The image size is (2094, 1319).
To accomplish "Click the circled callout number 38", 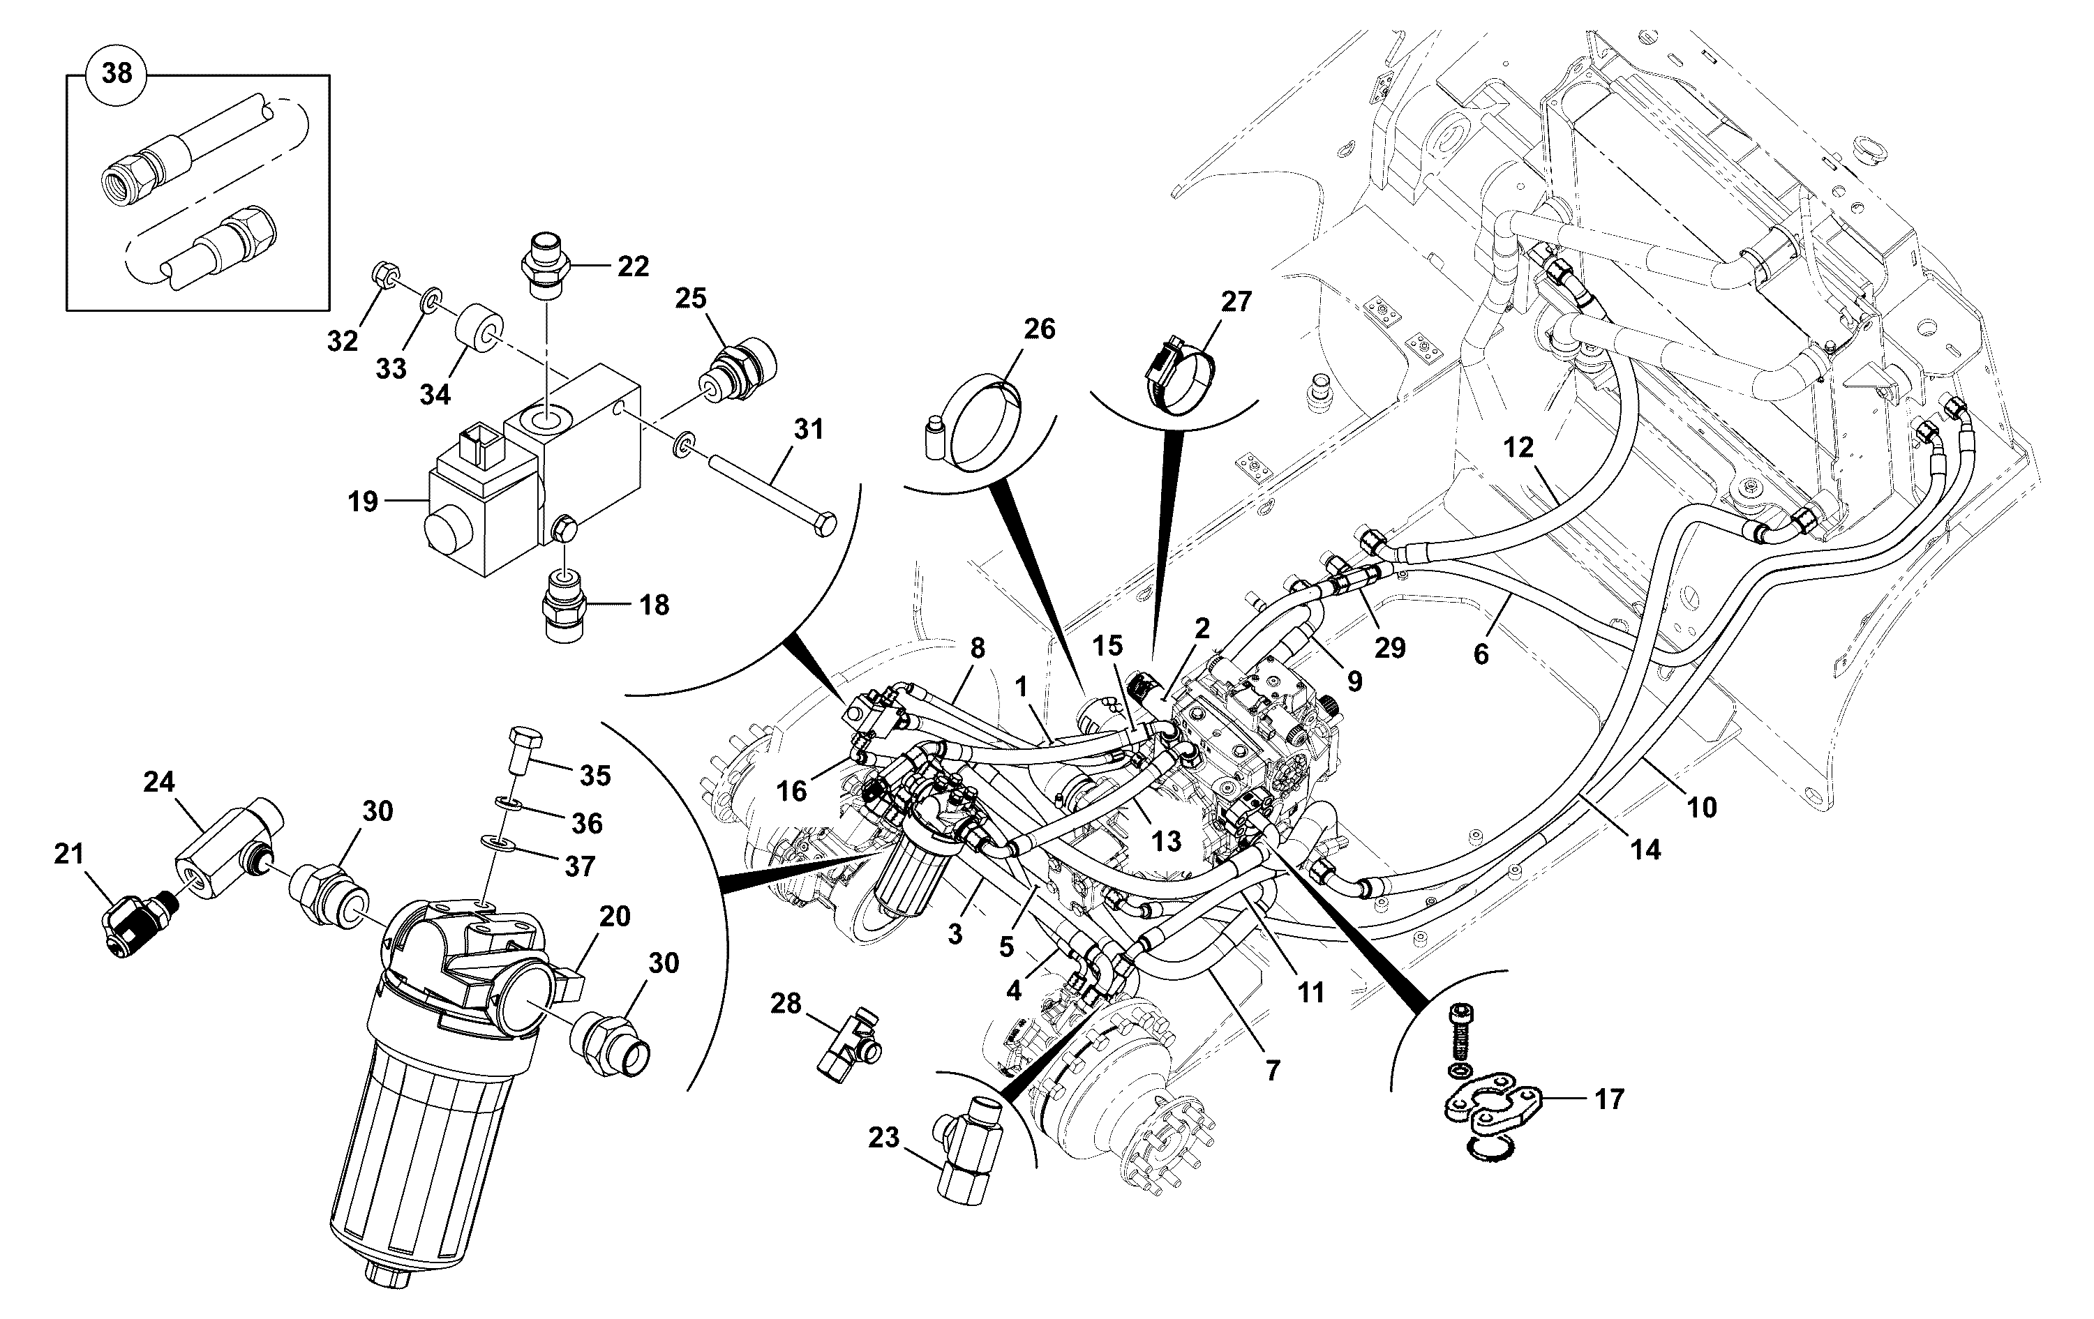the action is [x=117, y=73].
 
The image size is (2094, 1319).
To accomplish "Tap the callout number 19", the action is [x=363, y=502].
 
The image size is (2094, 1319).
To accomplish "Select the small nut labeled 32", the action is [x=386, y=278].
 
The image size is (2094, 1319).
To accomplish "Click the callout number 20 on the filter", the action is [x=615, y=916].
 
